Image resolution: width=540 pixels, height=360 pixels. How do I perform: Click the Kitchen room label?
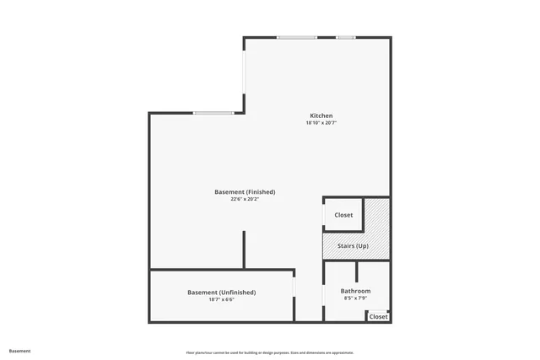[x=321, y=116]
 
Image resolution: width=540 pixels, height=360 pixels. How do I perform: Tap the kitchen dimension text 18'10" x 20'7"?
[x=321, y=123]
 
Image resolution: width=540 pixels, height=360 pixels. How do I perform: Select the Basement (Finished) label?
[x=245, y=192]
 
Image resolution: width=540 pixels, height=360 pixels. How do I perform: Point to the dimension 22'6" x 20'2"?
[x=245, y=200]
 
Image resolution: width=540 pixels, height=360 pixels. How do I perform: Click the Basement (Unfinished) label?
[x=221, y=293]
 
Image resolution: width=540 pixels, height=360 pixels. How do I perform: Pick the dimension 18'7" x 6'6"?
[x=221, y=299]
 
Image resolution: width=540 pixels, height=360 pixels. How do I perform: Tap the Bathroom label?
[x=355, y=291]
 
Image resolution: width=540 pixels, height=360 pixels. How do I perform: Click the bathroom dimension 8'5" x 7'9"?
[x=355, y=298]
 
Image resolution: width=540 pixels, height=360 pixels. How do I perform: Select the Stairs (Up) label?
[x=352, y=246]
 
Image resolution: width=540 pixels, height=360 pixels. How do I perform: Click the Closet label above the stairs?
[x=343, y=215]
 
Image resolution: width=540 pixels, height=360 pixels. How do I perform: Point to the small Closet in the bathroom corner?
[x=379, y=317]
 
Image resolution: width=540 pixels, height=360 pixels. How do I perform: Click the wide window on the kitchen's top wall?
[x=297, y=37]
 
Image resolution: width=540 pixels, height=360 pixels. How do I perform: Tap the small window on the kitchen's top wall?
[x=346, y=37]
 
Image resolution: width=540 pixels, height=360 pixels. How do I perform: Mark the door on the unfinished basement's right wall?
[x=294, y=287]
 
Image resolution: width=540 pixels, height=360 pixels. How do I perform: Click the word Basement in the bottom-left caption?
[x=20, y=351]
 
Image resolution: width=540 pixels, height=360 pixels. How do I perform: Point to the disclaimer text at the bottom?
[x=270, y=352]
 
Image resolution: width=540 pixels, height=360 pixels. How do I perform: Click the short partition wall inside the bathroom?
[x=357, y=271]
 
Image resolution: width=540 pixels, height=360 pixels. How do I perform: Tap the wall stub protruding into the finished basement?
[x=245, y=250]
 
